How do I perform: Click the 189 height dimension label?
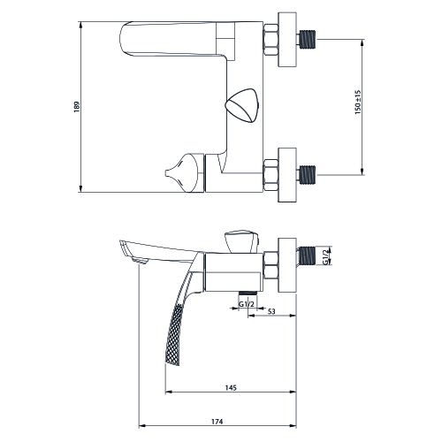click(x=77, y=107)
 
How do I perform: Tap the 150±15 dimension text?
click(x=358, y=103)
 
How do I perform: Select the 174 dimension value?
click(x=217, y=422)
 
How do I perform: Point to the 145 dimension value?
click(x=231, y=388)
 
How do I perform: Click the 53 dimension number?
click(x=271, y=311)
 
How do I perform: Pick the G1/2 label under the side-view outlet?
click(x=246, y=304)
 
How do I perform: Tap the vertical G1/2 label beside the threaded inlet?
click(x=325, y=256)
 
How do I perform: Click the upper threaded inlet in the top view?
click(x=307, y=39)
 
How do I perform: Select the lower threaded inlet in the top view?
click(x=307, y=175)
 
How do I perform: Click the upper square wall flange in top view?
click(x=287, y=40)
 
